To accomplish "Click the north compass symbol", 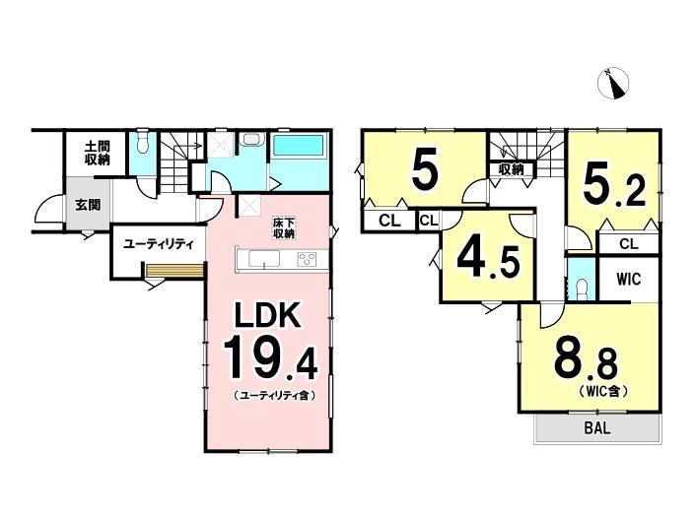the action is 613,84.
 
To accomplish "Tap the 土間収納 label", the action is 97,153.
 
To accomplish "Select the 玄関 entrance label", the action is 88,205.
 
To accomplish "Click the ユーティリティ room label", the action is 159,244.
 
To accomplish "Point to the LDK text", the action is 268,315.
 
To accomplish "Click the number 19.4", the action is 270,358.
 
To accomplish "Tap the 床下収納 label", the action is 284,227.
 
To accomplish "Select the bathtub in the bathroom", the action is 298,146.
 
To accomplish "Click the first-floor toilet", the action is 142,142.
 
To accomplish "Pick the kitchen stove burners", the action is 308,258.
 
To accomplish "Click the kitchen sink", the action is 264,258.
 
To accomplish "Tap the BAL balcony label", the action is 597,427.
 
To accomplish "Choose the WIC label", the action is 629,279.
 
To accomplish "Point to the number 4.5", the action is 488,261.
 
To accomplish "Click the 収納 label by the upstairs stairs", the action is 511,169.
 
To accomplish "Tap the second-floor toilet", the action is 582,287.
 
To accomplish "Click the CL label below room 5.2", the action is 629,244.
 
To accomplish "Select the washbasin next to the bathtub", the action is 251,139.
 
